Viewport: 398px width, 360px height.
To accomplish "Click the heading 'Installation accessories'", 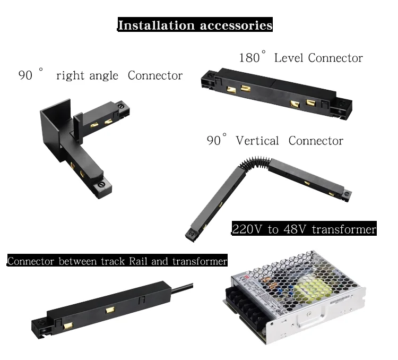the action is point(195,25).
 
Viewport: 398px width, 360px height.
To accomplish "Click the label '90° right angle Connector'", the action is point(100,75).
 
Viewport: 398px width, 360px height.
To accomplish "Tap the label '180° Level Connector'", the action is point(300,58).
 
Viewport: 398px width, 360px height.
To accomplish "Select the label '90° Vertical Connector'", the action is point(274,141).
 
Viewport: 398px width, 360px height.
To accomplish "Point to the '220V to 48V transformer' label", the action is point(304,229).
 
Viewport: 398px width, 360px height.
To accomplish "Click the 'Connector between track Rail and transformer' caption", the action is point(117,261).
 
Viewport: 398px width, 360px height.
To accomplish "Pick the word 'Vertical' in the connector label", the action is point(257,141).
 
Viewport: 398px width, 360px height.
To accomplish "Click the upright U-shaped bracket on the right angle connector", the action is point(56,122).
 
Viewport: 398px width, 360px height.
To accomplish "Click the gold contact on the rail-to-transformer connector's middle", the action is point(110,310).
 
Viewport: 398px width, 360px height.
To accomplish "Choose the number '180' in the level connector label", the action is point(249,58).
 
